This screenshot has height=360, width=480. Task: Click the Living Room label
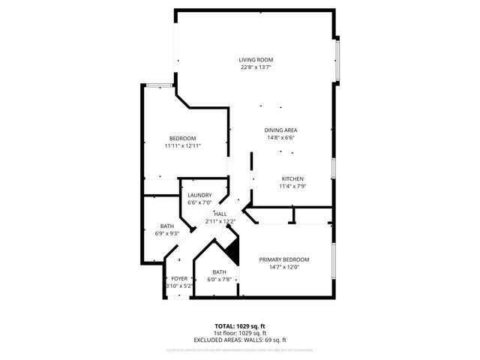[256, 60]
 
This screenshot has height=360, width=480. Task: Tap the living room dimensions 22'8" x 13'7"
[256, 67]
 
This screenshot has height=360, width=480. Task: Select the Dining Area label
[280, 130]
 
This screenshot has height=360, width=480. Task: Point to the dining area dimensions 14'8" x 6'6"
[280, 138]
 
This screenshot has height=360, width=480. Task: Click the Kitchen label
[292, 178]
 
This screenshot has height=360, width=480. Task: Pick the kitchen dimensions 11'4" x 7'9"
[292, 186]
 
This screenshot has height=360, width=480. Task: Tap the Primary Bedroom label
[284, 259]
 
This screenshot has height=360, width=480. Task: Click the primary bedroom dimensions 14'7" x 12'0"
[284, 267]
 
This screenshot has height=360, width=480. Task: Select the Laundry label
[199, 195]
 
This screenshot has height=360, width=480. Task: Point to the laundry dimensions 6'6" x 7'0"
[199, 202]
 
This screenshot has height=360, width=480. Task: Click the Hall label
[220, 214]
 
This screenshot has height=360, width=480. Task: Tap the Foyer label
[179, 278]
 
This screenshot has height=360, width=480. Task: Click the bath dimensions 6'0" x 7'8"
[219, 280]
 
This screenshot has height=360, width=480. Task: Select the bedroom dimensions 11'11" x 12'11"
[183, 145]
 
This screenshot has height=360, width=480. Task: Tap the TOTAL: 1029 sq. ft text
[239, 326]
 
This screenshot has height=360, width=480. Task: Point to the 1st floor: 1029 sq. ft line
[239, 333]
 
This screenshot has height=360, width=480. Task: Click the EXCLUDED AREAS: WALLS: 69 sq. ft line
[239, 340]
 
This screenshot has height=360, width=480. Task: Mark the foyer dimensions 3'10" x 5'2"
[179, 286]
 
